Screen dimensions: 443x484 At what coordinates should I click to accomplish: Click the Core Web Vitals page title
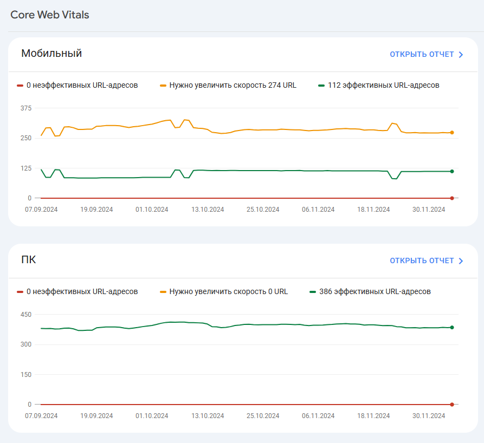coord(50,15)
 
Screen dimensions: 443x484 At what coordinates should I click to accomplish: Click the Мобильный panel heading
coord(51,53)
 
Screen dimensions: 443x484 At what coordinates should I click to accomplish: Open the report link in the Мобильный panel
coord(427,54)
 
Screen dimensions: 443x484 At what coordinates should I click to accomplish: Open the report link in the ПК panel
coord(427,260)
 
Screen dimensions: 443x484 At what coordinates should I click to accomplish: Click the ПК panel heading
coord(29,259)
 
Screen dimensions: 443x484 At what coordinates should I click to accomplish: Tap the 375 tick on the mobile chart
coord(26,108)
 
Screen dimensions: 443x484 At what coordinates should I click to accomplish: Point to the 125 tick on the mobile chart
coord(26,168)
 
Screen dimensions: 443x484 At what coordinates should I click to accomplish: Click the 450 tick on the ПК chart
coord(26,315)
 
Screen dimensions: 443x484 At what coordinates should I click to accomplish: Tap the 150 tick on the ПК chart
coord(26,374)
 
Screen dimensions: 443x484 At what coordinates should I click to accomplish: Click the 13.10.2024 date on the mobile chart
coord(208,210)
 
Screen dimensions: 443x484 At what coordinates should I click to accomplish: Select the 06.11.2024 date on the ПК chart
coord(318,416)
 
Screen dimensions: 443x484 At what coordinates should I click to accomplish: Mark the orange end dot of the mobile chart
coord(452,133)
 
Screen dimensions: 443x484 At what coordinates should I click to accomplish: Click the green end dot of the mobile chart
coord(452,171)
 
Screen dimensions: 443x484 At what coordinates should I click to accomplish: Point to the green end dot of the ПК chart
coord(452,328)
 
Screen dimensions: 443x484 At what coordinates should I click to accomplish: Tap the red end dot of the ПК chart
coord(452,405)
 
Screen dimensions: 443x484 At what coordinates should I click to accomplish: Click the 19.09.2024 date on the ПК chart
coord(96,416)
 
